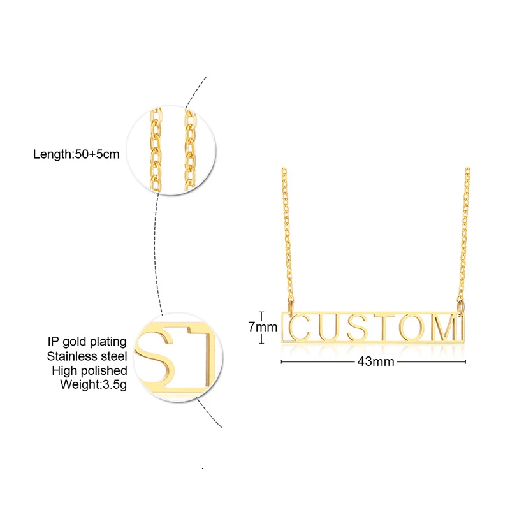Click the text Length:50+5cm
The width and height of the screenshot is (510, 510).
[76, 154]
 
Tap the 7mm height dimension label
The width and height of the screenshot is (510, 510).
[262, 328]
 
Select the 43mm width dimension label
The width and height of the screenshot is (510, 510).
[375, 361]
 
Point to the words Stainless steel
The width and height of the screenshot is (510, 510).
[87, 356]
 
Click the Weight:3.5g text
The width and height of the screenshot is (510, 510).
[94, 384]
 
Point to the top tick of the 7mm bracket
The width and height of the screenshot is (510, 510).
[262, 312]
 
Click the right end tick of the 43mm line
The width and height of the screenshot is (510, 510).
[466, 361]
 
